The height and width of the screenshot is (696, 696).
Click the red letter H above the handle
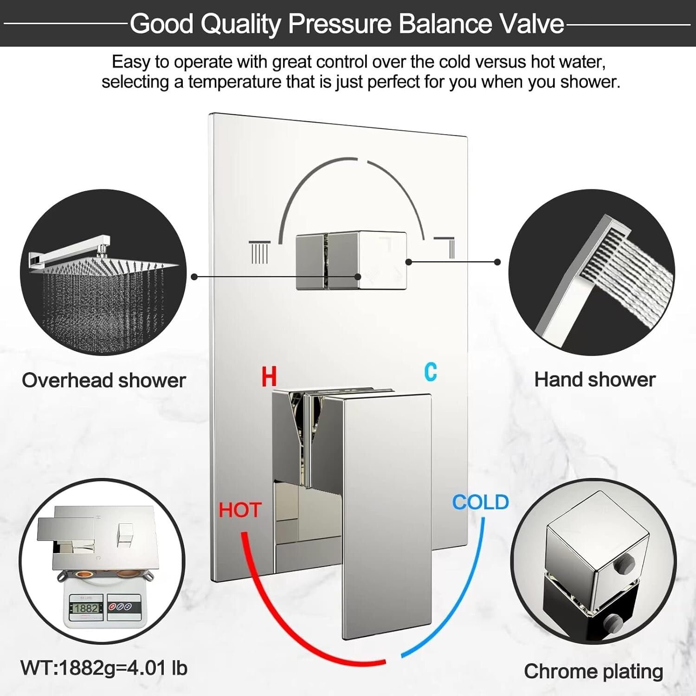[x=269, y=376]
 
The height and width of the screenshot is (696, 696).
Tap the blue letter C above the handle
[x=431, y=372]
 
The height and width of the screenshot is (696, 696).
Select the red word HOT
[x=240, y=510]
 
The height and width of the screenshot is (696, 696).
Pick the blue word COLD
[x=481, y=502]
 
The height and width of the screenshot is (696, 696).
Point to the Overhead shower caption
[x=104, y=380]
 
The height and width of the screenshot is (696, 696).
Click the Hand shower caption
[x=595, y=380]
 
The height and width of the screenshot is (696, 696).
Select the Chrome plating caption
[x=593, y=671]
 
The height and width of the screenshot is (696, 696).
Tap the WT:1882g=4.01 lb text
[x=104, y=668]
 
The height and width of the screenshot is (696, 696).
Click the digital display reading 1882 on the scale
[x=86, y=608]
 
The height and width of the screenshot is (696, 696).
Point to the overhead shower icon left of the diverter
[x=259, y=252]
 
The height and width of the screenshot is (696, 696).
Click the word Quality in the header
[x=241, y=24]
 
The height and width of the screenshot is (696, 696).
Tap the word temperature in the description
[x=234, y=82]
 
